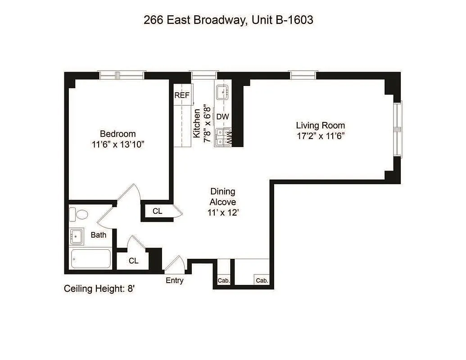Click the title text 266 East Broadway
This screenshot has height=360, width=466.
coord(194,20)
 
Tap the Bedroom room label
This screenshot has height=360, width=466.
coord(118,134)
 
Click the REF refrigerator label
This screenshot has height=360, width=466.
coord(182,95)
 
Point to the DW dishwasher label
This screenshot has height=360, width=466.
coord(222,117)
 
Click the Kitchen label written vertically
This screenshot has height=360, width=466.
coord(196,123)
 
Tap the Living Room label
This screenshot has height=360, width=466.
coord(320,125)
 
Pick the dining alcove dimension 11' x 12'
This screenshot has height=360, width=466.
coord(222,213)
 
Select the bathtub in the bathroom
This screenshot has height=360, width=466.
coord(90,259)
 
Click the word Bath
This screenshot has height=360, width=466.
coord(99,234)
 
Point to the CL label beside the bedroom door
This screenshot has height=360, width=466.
coord(157,211)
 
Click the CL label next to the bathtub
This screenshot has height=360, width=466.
coord(133,261)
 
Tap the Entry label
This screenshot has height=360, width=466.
coord(175,280)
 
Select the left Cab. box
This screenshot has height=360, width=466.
coord(224,280)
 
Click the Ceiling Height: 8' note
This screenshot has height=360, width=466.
coord(100,289)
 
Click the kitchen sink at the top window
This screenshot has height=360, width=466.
coord(223,93)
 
